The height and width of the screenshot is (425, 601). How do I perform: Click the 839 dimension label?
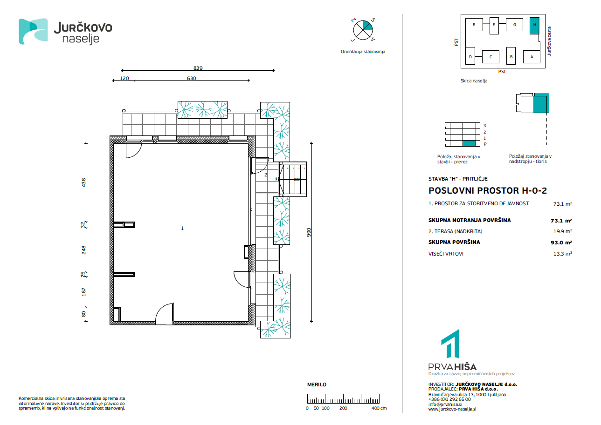coord(198,68)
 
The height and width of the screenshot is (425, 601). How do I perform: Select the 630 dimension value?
coord(191,78)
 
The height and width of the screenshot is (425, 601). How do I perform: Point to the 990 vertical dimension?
coord(309,232)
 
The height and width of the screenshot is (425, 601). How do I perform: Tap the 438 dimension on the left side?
coord(84,182)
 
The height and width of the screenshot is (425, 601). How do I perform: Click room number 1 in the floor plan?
coord(182,228)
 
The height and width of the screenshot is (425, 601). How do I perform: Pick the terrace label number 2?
coord(266,175)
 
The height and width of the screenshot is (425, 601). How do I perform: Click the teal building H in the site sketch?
coord(534,26)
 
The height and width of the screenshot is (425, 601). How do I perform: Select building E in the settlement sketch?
coord(474,25)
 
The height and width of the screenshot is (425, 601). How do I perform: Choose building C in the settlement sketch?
coord(490,57)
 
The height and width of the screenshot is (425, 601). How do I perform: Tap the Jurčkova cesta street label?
coord(549,41)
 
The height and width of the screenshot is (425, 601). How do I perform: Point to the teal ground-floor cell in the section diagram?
coord(469,143)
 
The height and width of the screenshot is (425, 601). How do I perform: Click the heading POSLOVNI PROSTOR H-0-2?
coord(488,191)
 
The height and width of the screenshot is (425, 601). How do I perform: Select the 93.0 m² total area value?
coord(561,243)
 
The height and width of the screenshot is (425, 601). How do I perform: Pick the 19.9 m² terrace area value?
coord(563,231)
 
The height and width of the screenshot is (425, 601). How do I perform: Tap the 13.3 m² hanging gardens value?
coord(563,254)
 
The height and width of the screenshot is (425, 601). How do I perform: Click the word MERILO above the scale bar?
coord(317,385)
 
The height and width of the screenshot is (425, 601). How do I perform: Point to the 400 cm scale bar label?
coord(379,408)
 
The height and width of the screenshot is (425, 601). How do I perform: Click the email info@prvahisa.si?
coord(445,405)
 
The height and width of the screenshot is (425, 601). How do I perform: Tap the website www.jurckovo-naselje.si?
coord(452,409)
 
